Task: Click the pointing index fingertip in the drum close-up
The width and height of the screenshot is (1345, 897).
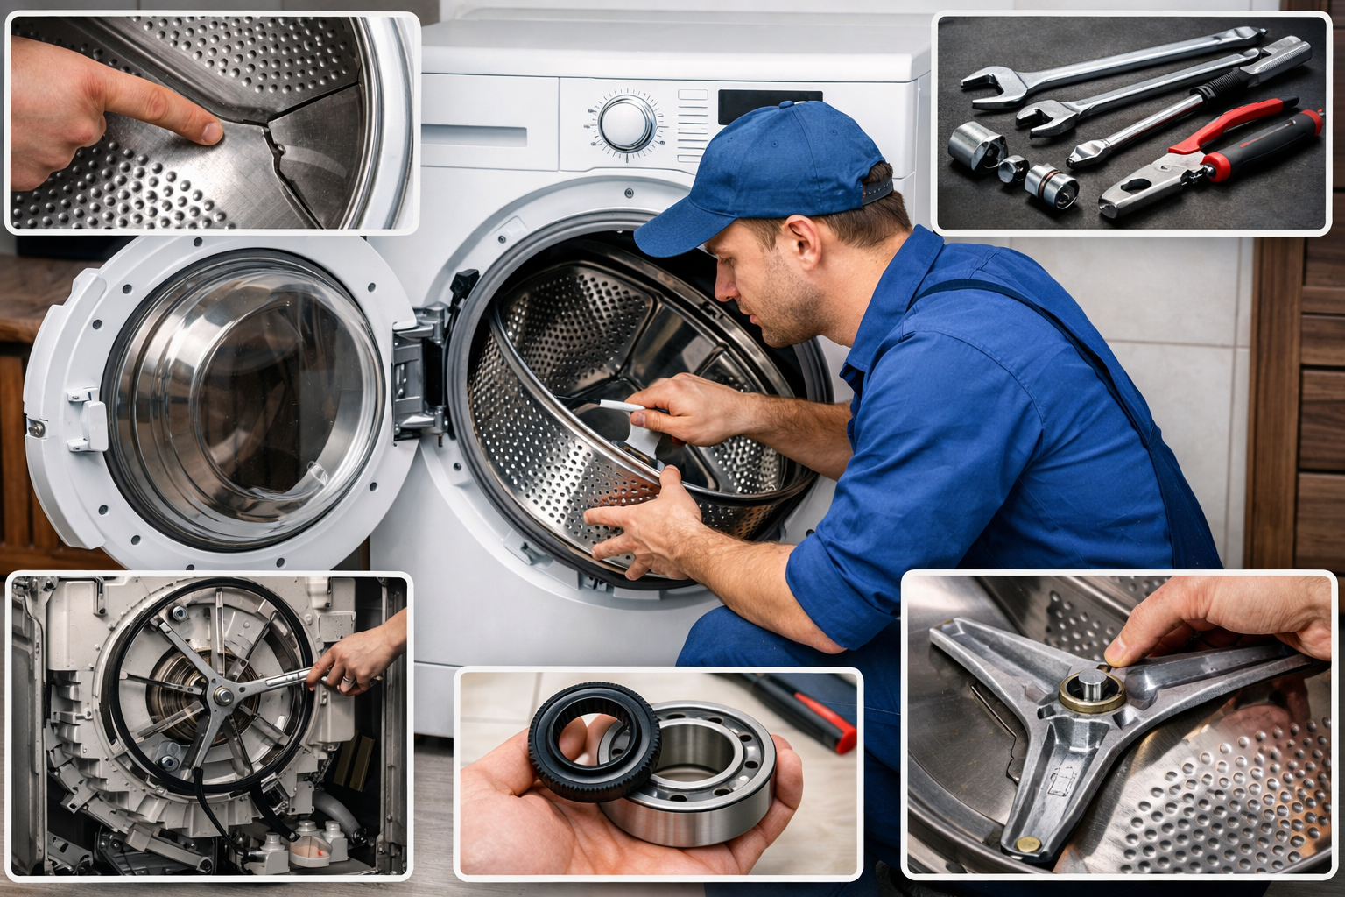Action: [x=210, y=131]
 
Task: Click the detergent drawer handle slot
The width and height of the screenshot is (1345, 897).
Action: [x=474, y=137]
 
